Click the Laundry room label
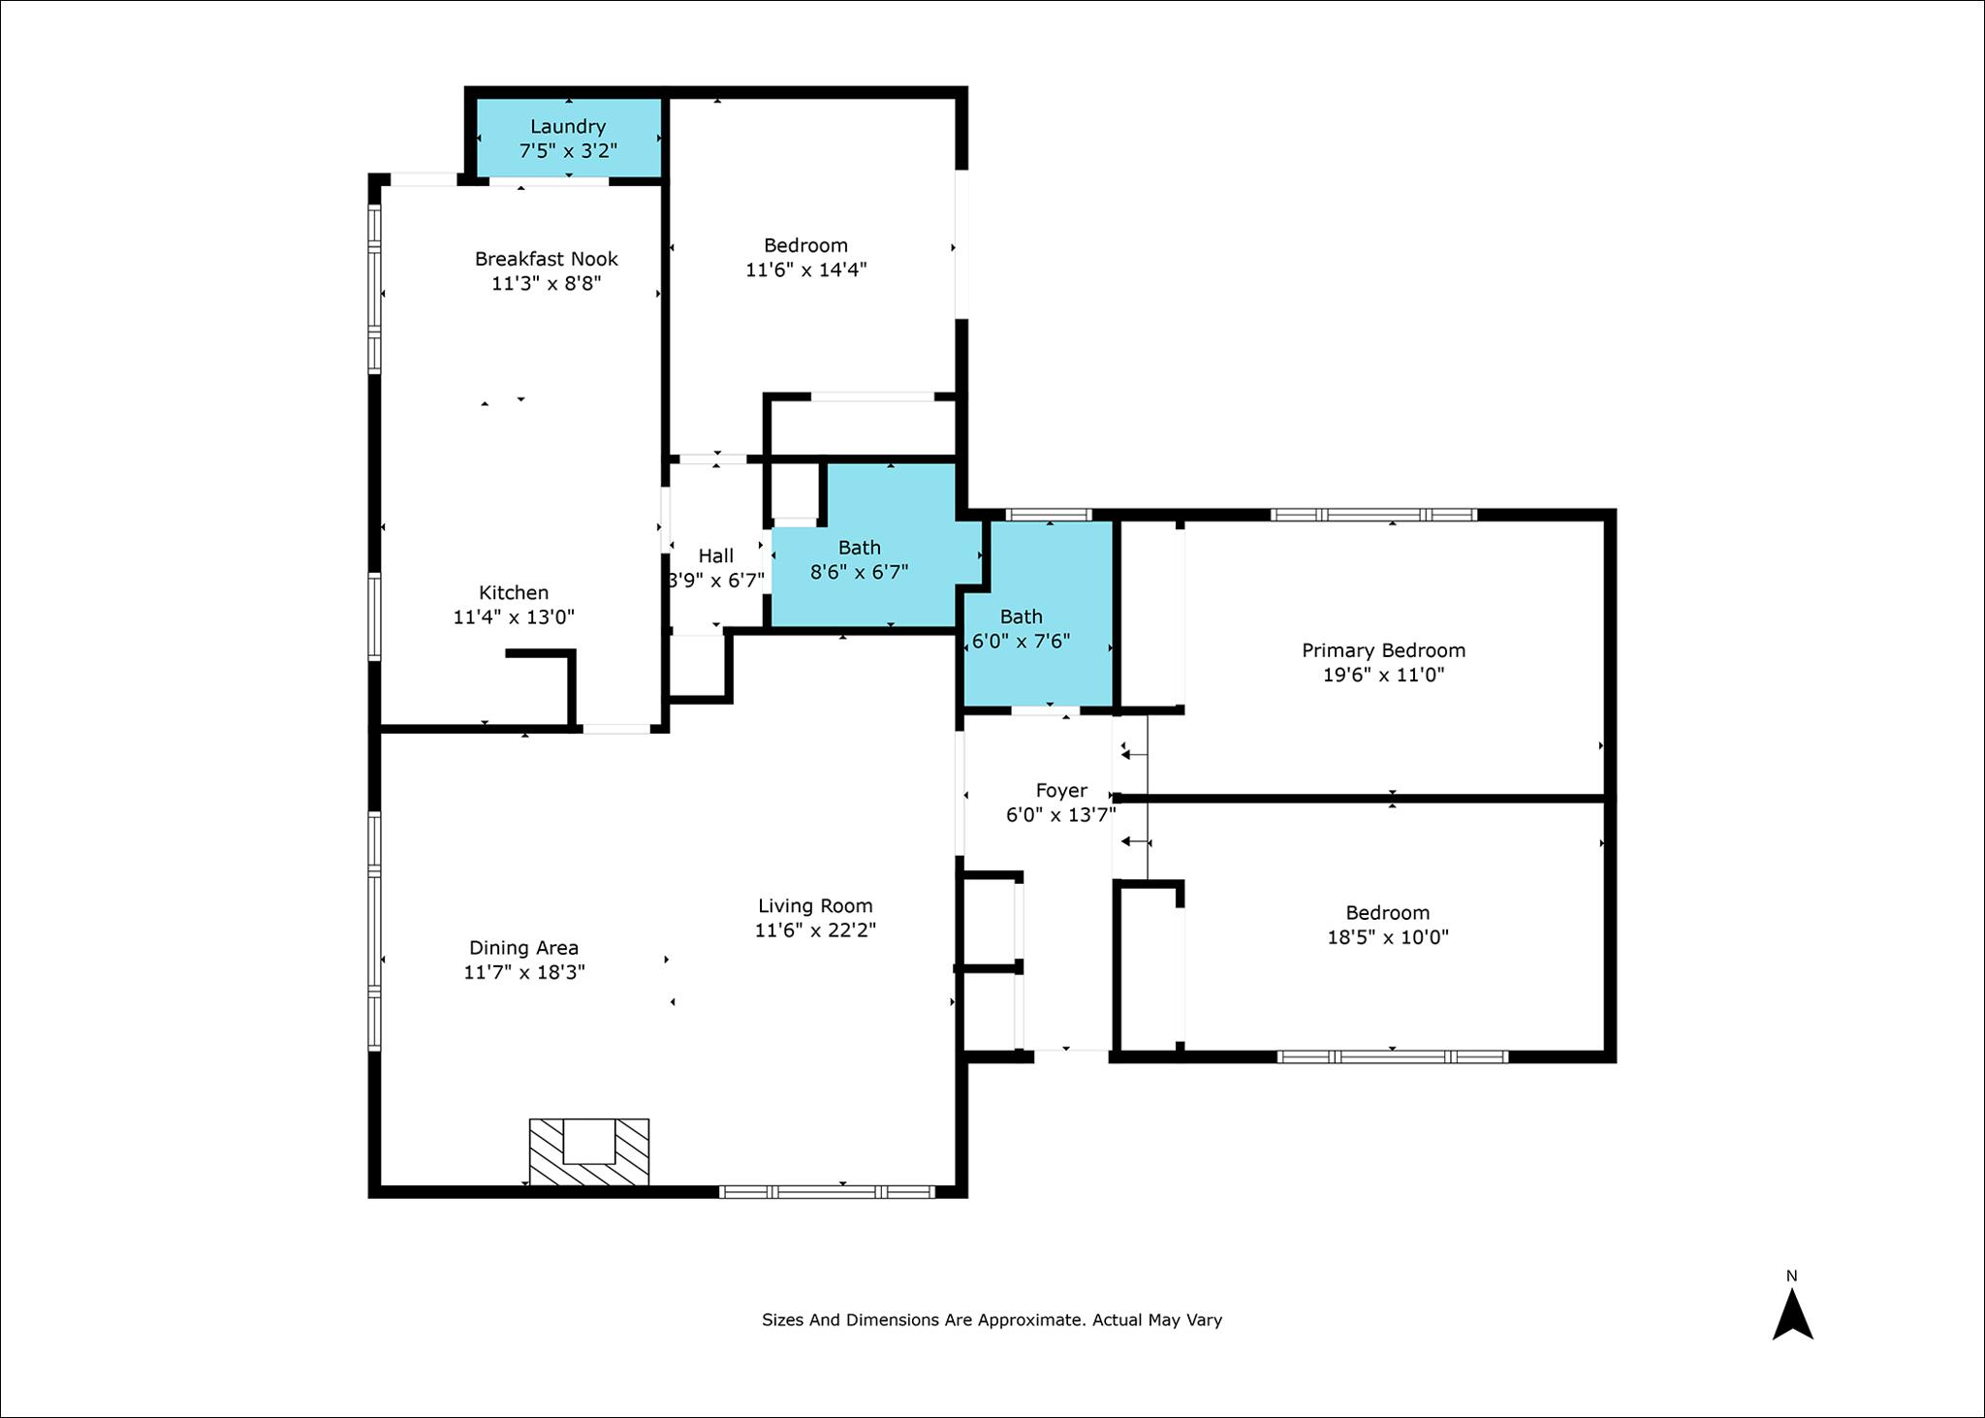(x=568, y=127)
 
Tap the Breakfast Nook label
(x=547, y=259)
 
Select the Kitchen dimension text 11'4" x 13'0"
(x=514, y=617)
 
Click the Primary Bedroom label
(x=1383, y=651)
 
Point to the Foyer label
(x=1061, y=791)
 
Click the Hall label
(x=716, y=556)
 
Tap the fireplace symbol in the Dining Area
(x=589, y=1151)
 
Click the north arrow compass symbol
(x=1792, y=1313)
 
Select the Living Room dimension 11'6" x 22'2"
(x=815, y=930)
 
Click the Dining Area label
(x=524, y=948)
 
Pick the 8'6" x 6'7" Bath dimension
(x=859, y=572)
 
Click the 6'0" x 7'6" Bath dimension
(x=1022, y=641)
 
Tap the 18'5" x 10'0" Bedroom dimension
(x=1388, y=937)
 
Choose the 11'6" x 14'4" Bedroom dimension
(x=805, y=269)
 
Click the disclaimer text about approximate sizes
(x=992, y=1320)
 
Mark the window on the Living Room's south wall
(x=827, y=1192)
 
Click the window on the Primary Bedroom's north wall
(x=1373, y=515)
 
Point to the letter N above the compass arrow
(x=1792, y=1276)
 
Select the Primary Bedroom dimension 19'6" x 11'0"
(x=1383, y=676)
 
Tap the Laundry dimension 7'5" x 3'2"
(x=568, y=151)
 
